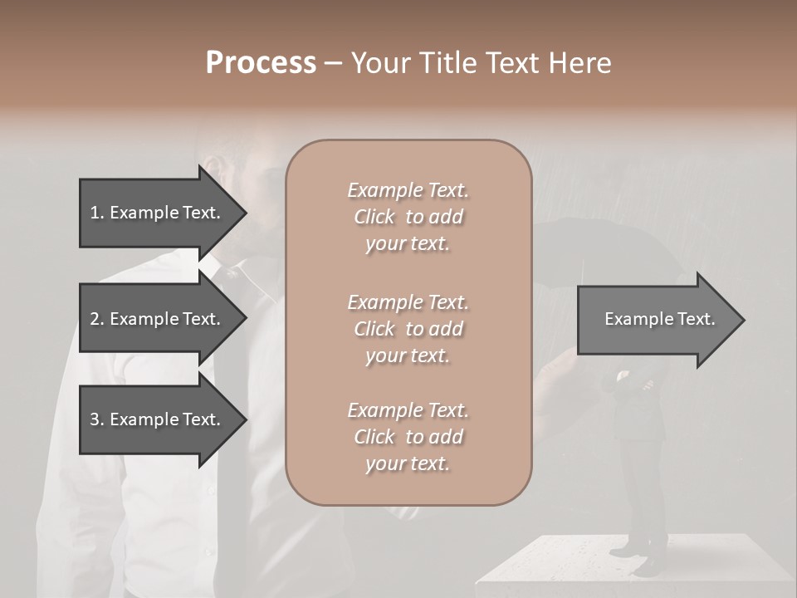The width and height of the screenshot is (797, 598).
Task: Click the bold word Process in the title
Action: (261, 63)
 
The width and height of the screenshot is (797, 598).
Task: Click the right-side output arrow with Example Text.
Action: (656, 320)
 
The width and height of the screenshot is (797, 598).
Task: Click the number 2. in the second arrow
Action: (97, 319)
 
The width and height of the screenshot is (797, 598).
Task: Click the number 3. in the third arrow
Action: (97, 420)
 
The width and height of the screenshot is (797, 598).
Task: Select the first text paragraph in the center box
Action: (408, 217)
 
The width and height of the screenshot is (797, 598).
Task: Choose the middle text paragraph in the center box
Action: (408, 329)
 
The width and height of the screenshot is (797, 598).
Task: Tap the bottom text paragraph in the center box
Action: (408, 437)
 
